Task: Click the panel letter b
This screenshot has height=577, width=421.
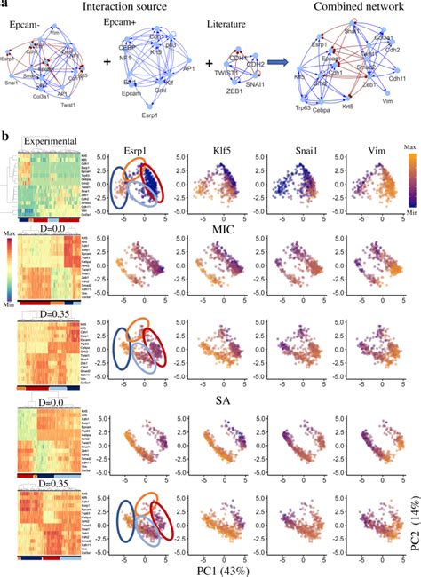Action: pyautogui.click(x=6, y=138)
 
